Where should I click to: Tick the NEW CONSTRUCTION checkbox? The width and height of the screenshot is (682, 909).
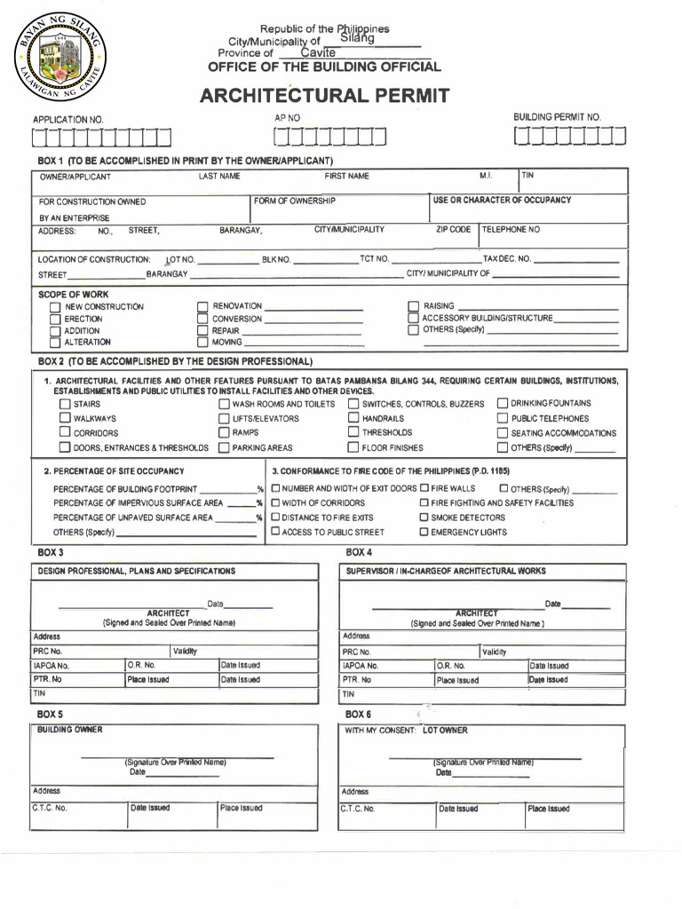[x=55, y=308]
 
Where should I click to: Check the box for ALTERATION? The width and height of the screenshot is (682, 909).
[x=55, y=343]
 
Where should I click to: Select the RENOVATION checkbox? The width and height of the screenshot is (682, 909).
[x=202, y=306]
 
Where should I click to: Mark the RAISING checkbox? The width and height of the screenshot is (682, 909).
[x=413, y=306]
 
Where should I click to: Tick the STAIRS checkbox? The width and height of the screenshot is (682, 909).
[x=65, y=404]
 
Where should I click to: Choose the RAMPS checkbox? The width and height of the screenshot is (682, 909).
[x=224, y=432]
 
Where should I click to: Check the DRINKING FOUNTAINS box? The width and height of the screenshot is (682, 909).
[x=503, y=404]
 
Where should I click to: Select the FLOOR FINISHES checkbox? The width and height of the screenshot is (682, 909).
[x=353, y=447]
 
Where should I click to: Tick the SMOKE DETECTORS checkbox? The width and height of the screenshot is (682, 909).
[x=424, y=518]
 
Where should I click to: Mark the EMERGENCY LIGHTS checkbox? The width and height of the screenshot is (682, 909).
[x=424, y=533]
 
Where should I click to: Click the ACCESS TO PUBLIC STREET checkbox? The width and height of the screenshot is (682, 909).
[x=275, y=532]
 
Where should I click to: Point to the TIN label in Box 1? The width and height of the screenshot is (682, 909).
[x=528, y=176]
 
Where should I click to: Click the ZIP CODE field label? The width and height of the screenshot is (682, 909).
[x=453, y=230]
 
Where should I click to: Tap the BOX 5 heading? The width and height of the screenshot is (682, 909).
[x=50, y=714]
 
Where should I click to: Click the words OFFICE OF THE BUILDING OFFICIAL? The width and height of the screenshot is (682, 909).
[x=324, y=67]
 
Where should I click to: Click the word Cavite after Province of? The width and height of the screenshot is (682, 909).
[x=318, y=53]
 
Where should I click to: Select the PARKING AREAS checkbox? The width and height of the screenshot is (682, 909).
[x=224, y=448]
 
